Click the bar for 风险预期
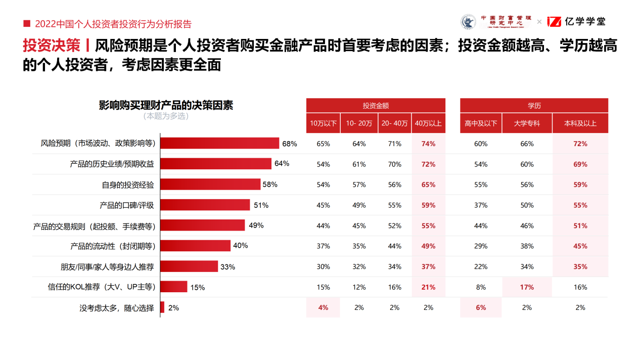click(x=220, y=144)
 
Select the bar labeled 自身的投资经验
click(x=210, y=185)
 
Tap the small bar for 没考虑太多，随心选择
click(x=162, y=307)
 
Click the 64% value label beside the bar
click(x=282, y=163)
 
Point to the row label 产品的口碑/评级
click(x=127, y=205)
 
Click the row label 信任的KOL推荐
click(x=101, y=287)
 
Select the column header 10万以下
click(x=323, y=123)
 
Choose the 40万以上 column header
click(x=428, y=123)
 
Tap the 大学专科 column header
click(x=527, y=123)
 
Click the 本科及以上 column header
click(x=580, y=123)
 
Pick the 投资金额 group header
click(x=376, y=106)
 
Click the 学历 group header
click(x=534, y=106)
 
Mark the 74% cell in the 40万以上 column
click(x=428, y=144)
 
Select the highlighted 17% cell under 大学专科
click(x=527, y=287)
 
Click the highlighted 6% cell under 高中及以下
click(x=481, y=307)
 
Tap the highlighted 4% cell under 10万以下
click(x=323, y=307)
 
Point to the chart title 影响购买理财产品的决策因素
click(x=166, y=105)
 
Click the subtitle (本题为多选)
click(x=166, y=116)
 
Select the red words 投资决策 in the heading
click(x=52, y=46)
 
